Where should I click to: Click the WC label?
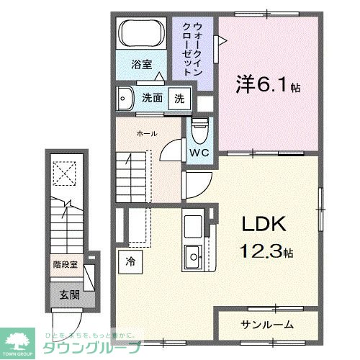[199, 153]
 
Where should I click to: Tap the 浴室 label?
[141, 65]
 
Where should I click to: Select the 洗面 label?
[151, 98]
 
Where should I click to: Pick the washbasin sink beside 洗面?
[126, 97]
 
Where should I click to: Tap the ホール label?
[147, 133]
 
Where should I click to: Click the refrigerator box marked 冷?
[131, 261]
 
